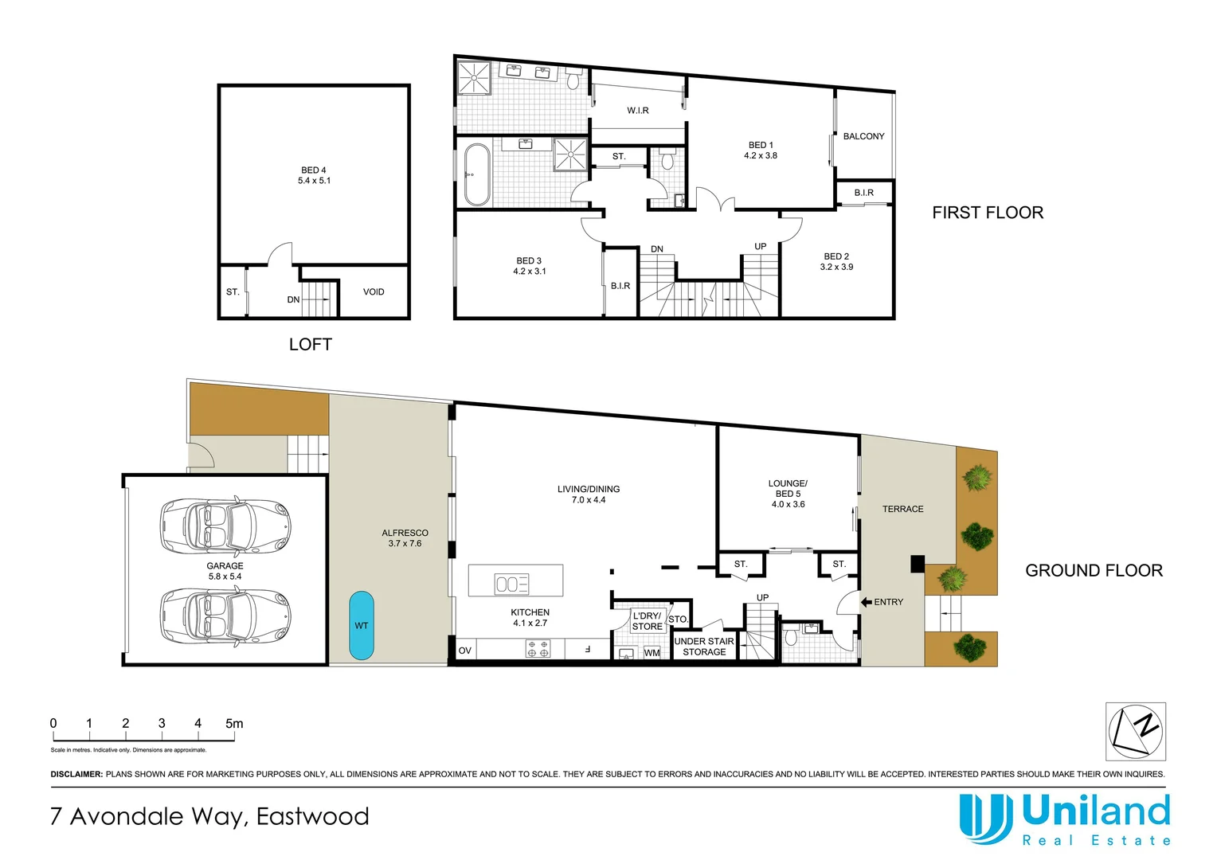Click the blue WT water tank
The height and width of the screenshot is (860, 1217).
tap(362, 625)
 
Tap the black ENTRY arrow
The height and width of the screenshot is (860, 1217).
tap(866, 602)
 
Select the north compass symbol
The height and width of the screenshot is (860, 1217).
tap(1136, 731)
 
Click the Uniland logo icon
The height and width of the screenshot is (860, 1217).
tap(985, 818)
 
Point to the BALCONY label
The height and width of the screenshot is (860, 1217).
tap(863, 136)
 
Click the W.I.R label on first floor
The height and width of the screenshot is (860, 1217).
tap(637, 111)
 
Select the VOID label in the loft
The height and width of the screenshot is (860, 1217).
tap(374, 292)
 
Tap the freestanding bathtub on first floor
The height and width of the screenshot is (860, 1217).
tap(477, 174)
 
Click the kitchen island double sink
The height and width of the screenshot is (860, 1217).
tap(511, 584)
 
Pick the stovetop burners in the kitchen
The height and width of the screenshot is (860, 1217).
tap(538, 649)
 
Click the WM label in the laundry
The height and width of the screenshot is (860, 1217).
tap(652, 653)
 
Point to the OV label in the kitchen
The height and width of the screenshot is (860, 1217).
tap(465, 651)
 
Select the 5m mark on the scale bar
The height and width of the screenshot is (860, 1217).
tap(234, 724)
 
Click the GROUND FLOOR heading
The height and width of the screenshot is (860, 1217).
tap(1094, 571)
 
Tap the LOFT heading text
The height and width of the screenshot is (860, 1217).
tap(310, 345)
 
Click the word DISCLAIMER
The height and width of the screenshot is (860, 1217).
tap(76, 774)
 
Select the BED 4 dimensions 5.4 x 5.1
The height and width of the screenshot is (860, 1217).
tap(314, 181)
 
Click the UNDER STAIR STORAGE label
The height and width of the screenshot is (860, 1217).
tap(704, 647)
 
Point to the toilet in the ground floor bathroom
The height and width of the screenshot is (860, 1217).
tap(791, 637)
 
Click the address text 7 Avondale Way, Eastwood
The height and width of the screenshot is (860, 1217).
tap(209, 816)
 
